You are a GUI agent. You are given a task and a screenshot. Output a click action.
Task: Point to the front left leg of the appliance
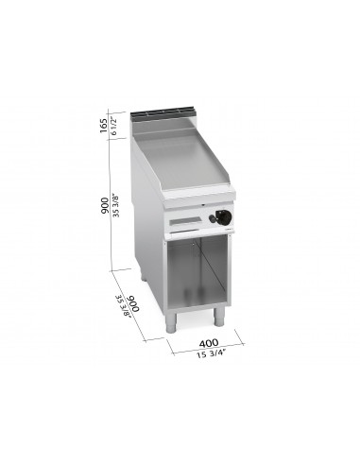(x=173, y=321)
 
